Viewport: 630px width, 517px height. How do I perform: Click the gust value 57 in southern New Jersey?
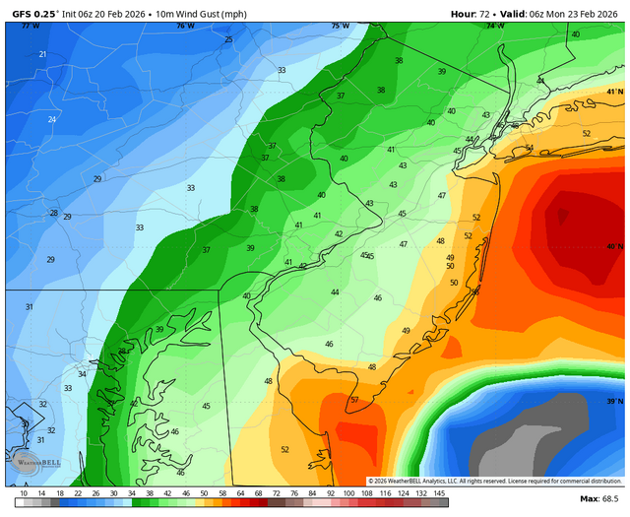[354, 400]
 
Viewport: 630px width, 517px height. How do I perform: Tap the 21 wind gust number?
[42, 54]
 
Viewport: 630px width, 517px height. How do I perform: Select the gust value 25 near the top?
[228, 39]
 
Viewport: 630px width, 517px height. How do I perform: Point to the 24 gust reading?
[51, 119]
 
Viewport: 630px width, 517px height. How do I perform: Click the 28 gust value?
[54, 213]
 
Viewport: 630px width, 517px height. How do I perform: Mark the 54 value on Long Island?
[529, 148]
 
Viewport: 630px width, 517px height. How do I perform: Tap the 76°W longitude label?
[185, 26]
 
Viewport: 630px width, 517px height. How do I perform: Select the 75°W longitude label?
[340, 26]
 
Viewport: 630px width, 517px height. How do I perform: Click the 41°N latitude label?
[614, 92]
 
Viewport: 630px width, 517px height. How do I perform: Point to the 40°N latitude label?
[614, 247]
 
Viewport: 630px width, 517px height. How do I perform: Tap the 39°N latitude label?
[614, 401]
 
